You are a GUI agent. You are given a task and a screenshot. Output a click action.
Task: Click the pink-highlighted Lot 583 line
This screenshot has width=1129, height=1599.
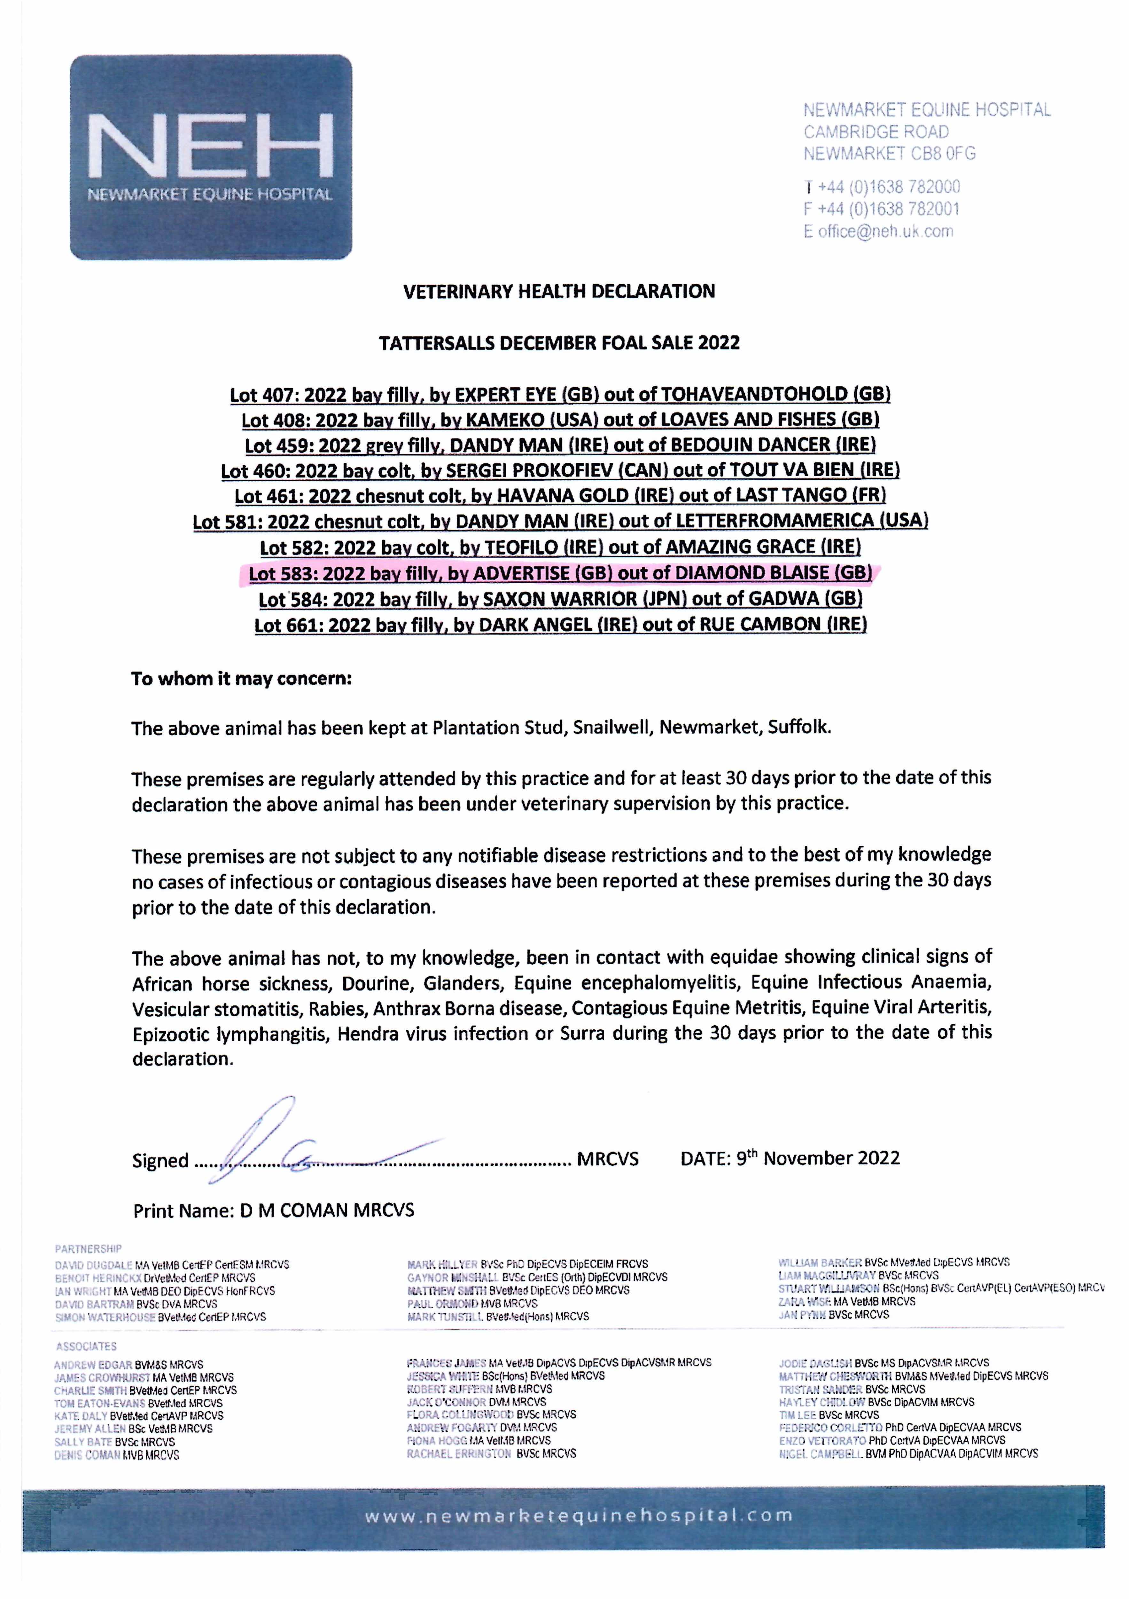[560, 573]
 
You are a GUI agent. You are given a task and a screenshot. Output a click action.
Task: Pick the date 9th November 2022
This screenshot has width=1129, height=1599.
[818, 1158]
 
